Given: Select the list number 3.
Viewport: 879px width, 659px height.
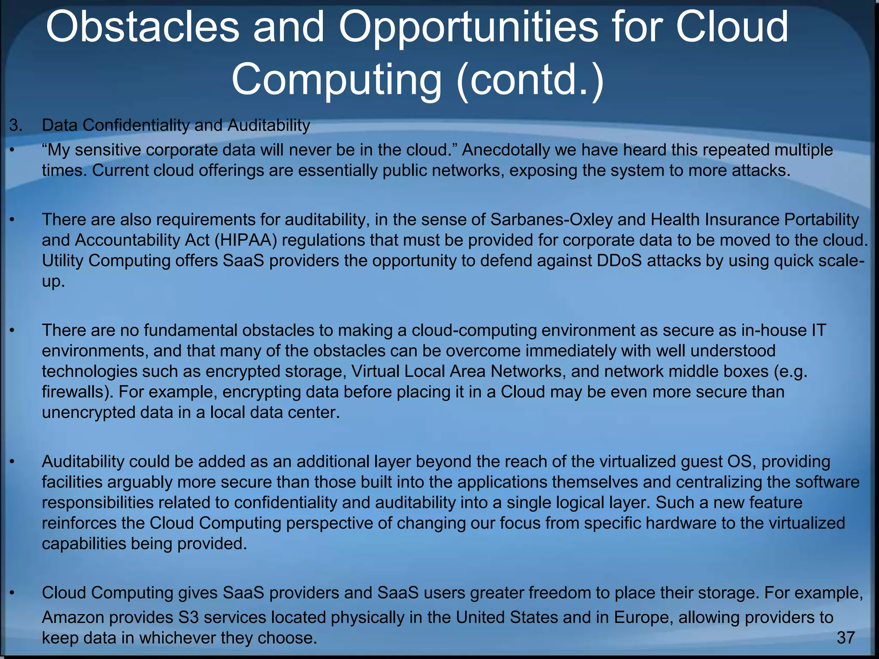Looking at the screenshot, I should click(15, 126).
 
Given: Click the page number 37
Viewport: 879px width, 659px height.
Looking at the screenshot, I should click(846, 638).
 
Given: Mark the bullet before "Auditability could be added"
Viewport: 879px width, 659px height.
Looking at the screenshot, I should click(12, 462).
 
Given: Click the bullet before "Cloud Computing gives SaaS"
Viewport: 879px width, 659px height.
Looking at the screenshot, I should click(12, 593).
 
